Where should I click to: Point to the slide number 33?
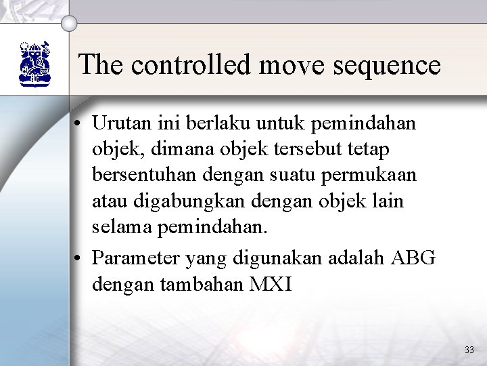[x=469, y=350]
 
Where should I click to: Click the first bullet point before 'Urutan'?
[x=80, y=125]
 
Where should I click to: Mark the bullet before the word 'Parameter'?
[x=80, y=258]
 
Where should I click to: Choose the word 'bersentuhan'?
[x=143, y=174]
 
